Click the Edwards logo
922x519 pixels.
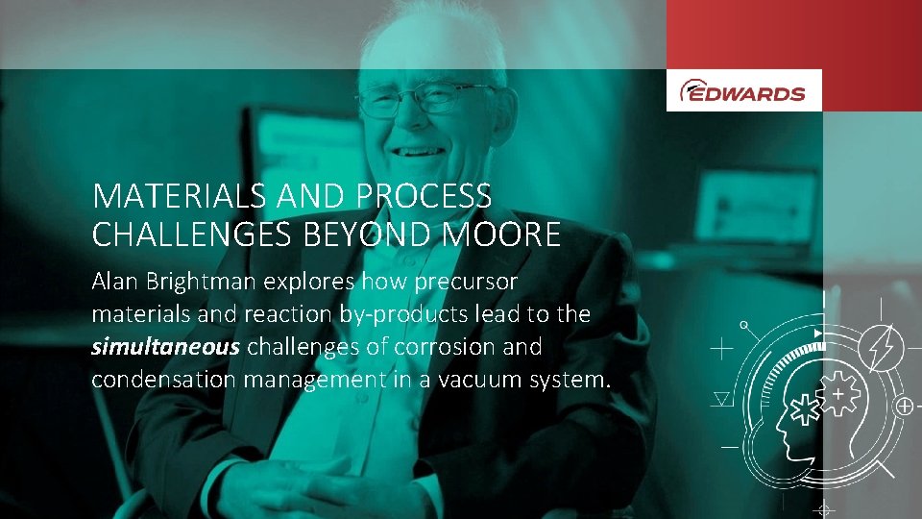tap(743, 91)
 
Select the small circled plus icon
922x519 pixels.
tap(904, 407)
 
